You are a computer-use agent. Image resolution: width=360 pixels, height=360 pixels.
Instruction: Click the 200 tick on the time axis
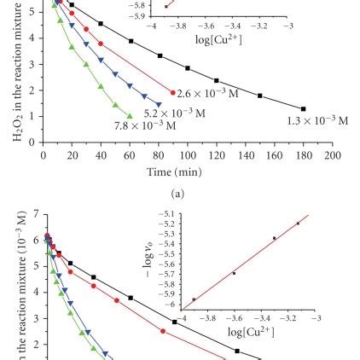(332, 156)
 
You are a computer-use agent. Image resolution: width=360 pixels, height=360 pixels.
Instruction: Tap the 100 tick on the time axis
(188, 156)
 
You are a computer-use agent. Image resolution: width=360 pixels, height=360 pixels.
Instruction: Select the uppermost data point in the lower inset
(299, 224)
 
